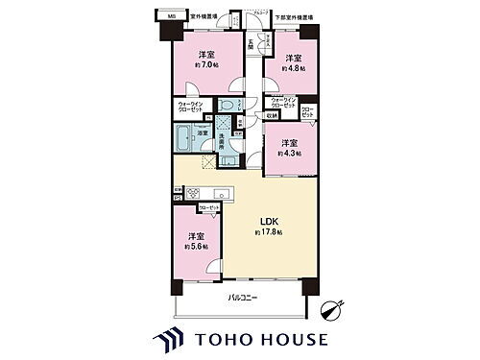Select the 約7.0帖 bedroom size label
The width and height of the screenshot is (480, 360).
click(x=206, y=65)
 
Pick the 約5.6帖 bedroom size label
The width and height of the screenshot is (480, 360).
click(x=196, y=246)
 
